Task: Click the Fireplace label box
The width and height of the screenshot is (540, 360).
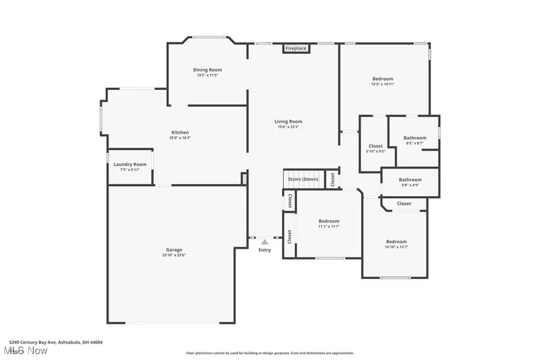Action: click(295, 48)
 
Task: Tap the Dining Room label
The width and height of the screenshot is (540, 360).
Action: click(208, 70)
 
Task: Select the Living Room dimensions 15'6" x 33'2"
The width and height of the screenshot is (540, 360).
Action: click(288, 127)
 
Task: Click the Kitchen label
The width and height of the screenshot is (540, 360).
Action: click(180, 132)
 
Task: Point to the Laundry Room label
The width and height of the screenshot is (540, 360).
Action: click(130, 164)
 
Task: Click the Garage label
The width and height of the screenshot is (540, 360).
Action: click(174, 250)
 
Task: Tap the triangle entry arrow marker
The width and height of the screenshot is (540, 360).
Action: click(264, 242)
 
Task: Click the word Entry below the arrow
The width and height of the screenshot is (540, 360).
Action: click(265, 250)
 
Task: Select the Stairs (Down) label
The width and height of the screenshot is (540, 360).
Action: click(303, 179)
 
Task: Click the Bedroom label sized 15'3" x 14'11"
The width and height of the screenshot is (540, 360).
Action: click(382, 79)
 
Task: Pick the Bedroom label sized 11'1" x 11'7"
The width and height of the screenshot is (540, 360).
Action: click(329, 221)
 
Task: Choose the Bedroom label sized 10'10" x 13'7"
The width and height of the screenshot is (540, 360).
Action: click(396, 242)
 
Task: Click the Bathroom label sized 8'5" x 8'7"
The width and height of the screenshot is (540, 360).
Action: click(415, 137)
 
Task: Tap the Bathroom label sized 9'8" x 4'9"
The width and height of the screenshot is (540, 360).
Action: click(410, 179)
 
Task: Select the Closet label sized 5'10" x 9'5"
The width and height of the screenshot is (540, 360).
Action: click(376, 146)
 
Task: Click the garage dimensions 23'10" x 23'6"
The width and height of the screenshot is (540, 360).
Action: click(174, 255)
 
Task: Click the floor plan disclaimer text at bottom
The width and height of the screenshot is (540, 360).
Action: click(270, 353)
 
